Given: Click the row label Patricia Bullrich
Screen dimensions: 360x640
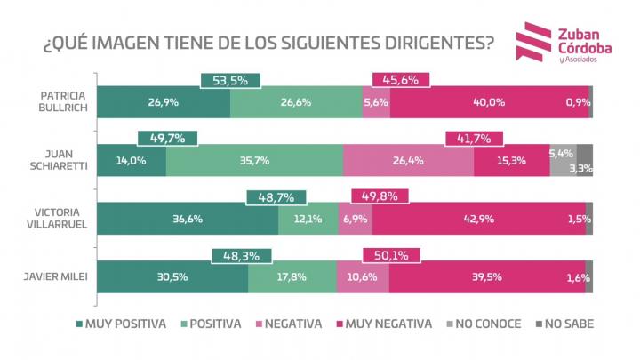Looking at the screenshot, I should (64, 102).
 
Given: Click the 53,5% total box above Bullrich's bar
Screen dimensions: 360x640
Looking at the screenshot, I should (230, 80).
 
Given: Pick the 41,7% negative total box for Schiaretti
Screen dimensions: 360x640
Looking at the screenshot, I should (474, 138).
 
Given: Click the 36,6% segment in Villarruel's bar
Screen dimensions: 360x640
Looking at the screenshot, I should (187, 219).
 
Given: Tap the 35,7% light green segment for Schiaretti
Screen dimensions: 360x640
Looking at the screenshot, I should (254, 161).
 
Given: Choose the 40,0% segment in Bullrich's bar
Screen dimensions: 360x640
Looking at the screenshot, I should (489, 102).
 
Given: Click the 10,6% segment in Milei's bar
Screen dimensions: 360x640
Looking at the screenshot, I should (363, 276).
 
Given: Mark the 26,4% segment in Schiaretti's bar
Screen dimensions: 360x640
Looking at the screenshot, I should (408, 161).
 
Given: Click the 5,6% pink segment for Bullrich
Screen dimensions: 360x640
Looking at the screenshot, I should (376, 102).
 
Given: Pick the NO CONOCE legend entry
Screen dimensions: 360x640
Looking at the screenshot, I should (484, 324).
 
